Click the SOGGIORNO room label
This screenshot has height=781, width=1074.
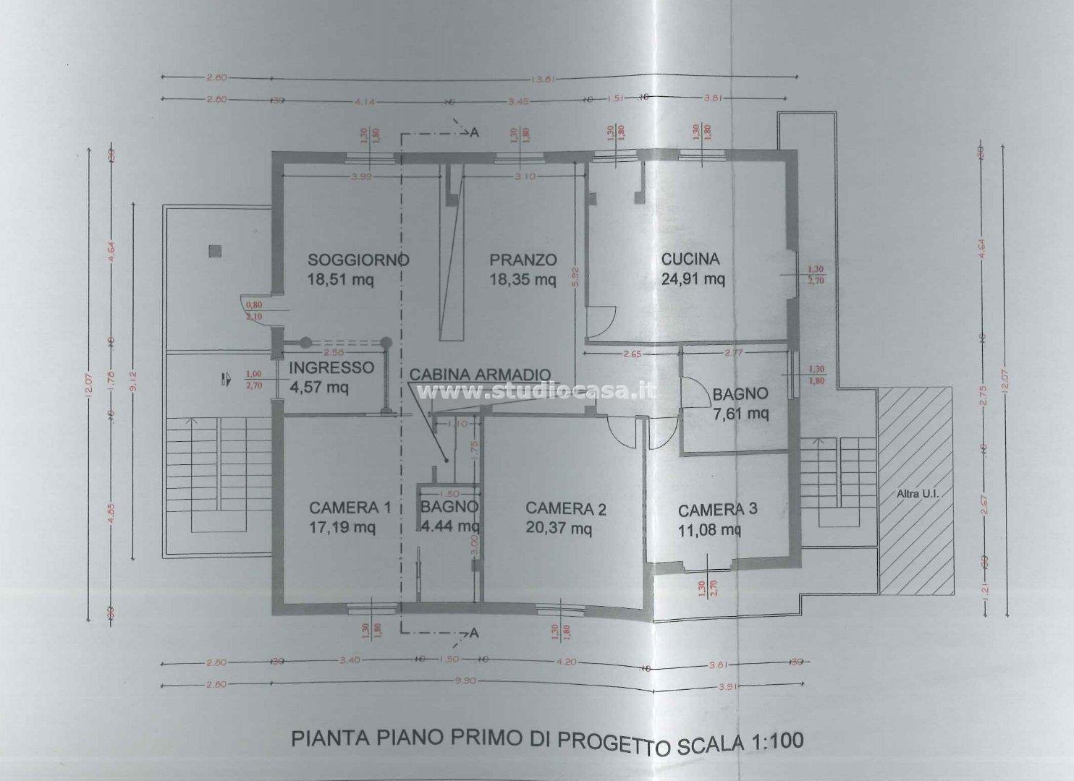coord(358,260)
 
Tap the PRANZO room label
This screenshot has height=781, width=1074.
coord(523,260)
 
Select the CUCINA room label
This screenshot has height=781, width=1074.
coord(690,259)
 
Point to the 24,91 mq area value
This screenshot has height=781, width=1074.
coord(693,279)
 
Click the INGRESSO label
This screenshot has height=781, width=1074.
coord(331,367)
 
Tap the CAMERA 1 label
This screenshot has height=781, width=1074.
coord(350,508)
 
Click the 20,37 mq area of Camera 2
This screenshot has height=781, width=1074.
coord(558,529)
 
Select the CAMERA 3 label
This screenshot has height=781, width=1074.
coord(718,509)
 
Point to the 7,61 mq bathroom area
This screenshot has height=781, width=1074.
coord(740,414)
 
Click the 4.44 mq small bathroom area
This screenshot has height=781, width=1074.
coord(449,526)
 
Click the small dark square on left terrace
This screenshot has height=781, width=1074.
coord(213,251)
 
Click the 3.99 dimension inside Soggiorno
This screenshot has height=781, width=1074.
coord(342,177)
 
